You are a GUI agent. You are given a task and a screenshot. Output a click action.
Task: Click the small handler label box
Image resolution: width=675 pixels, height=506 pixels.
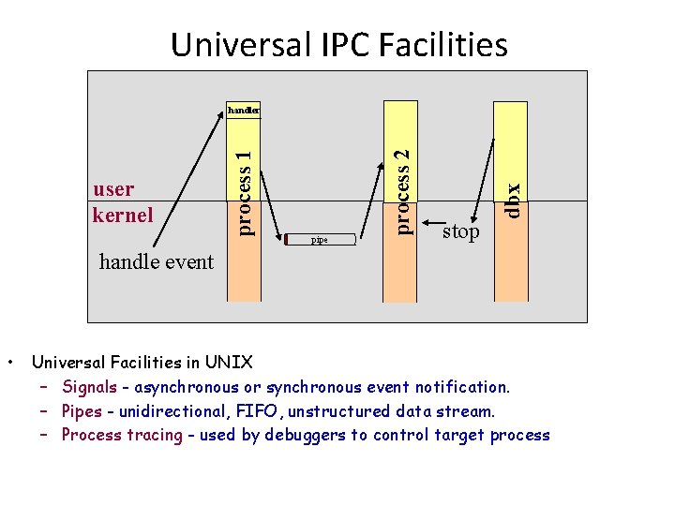(243, 111)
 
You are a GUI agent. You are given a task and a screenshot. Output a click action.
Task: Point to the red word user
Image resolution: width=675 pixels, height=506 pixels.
(113, 189)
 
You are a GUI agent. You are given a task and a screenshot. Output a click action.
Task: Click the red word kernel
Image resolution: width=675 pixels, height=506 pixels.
(122, 215)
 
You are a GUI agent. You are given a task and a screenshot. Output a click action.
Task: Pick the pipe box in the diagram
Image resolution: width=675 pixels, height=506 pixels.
(321, 240)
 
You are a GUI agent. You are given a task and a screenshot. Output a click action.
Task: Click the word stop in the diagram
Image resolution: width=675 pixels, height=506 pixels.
(460, 231)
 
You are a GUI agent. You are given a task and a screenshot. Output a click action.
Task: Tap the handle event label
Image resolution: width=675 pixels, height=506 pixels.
(157, 262)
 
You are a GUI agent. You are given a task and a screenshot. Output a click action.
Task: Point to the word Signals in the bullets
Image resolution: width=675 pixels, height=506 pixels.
(89, 387)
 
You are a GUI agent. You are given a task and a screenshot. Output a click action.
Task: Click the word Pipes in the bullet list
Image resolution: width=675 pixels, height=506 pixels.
(82, 410)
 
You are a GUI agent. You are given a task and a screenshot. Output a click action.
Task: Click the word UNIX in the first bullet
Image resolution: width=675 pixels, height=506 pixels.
(229, 362)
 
